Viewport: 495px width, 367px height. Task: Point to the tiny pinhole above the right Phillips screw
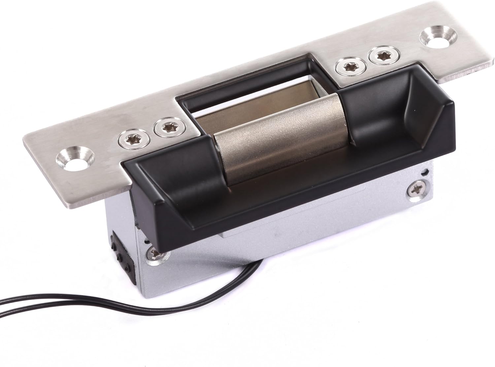(x=427, y=171)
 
